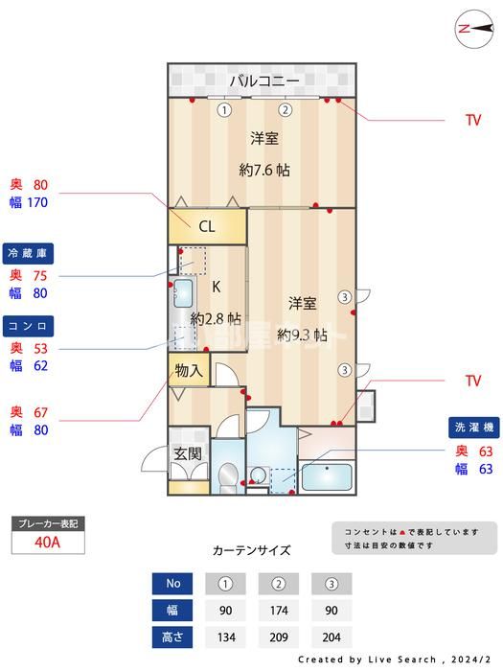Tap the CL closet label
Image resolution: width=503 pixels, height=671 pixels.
[x=206, y=227]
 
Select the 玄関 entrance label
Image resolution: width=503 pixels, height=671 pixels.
[x=187, y=454]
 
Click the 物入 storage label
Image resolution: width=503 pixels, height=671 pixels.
[x=189, y=371]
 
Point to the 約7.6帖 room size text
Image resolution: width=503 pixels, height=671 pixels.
[x=264, y=171]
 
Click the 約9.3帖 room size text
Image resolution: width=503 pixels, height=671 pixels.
[x=303, y=335]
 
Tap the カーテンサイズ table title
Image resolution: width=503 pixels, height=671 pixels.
[x=251, y=550]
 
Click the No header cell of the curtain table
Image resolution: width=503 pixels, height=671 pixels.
[x=173, y=584]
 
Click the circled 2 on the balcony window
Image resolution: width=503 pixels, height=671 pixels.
[x=285, y=109]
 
